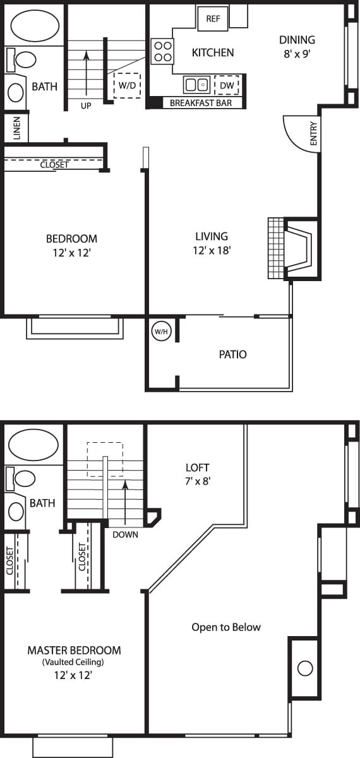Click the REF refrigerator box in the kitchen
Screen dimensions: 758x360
click(213, 19)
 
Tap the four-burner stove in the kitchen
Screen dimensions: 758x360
click(162, 51)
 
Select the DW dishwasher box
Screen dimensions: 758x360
click(226, 85)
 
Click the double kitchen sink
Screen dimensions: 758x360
click(197, 85)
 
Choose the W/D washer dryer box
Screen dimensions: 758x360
click(127, 85)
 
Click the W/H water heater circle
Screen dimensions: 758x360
click(160, 331)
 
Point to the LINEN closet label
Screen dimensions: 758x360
click(16, 128)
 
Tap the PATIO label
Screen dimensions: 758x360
click(232, 354)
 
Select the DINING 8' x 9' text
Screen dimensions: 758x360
click(297, 46)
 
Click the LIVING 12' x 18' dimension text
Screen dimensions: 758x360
click(211, 250)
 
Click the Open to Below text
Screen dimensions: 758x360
click(226, 627)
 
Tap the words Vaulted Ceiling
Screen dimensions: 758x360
click(73, 663)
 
